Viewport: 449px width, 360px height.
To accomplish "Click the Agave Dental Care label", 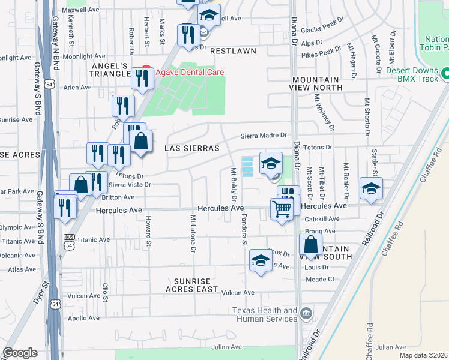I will click(190, 72).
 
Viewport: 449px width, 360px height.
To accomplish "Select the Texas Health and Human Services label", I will click(265, 315).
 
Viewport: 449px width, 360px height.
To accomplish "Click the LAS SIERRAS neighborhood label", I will click(190, 148).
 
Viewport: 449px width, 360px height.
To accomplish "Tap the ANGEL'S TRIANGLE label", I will click(109, 69).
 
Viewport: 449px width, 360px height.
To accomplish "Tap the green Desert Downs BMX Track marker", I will click(445, 74).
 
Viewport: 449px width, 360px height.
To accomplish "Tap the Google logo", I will click(20, 353).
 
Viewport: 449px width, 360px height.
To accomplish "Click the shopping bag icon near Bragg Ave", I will click(310, 245).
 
